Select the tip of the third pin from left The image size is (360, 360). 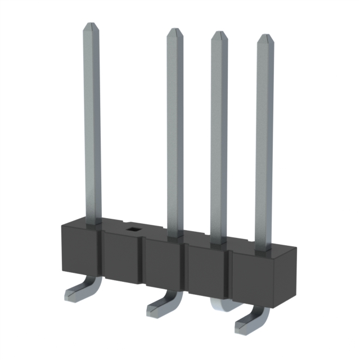click(219, 35)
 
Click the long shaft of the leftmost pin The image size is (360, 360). click(92, 124)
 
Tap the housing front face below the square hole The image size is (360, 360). click(124, 259)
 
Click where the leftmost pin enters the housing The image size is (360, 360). click(93, 222)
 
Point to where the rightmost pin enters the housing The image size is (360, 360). click(263, 247)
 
